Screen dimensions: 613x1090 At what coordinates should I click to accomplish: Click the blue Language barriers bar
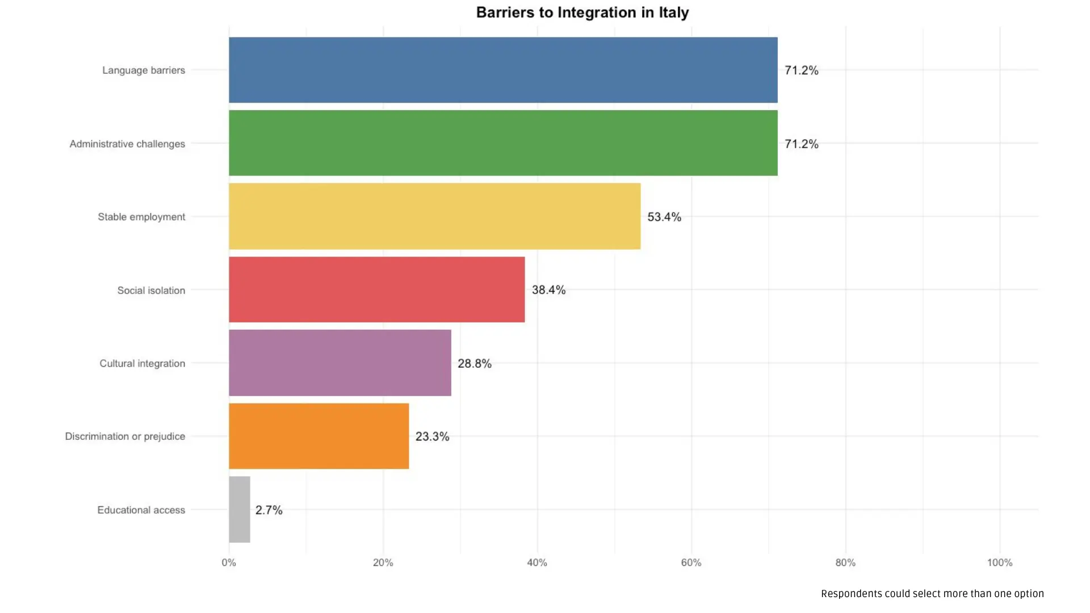[x=503, y=70]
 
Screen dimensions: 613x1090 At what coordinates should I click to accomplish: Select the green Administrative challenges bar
[x=503, y=143]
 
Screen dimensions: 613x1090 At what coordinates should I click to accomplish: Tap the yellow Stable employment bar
[x=434, y=216]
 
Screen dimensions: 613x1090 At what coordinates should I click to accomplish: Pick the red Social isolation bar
[x=376, y=289]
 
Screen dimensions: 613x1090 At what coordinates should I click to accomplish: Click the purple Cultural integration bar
[x=339, y=363]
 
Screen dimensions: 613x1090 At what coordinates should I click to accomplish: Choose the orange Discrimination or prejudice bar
[x=318, y=436]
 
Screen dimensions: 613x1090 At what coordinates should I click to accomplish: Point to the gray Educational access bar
[x=240, y=509]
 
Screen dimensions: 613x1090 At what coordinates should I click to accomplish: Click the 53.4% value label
[x=664, y=217]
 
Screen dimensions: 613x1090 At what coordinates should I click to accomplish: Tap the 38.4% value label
[x=548, y=290]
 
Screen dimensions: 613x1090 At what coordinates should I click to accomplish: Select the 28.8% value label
[x=475, y=363]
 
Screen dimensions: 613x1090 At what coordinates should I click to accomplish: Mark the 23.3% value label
[x=432, y=436]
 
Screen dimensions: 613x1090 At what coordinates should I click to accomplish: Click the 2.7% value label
[x=269, y=510]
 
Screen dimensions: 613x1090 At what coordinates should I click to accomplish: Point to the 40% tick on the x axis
[x=537, y=562]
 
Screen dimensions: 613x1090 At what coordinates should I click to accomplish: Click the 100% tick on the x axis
[x=999, y=562]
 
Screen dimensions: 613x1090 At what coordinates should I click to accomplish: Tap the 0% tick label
[x=229, y=562]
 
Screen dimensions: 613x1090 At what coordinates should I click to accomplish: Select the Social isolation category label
[x=151, y=290]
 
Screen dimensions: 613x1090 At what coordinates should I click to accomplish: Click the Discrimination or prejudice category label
[x=125, y=436]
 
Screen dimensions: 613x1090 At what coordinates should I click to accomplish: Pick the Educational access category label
[x=141, y=510]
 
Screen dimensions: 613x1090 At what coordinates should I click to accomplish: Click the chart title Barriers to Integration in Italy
[x=582, y=12]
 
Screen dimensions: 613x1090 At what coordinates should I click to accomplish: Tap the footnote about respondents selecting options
[x=932, y=594]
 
